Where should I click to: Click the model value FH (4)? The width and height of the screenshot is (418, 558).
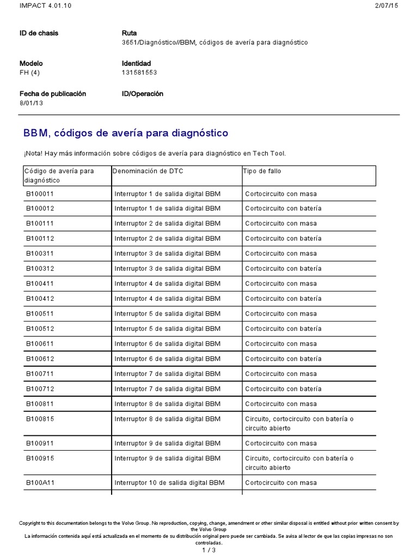click(31, 72)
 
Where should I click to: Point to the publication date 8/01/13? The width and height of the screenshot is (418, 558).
click(32, 103)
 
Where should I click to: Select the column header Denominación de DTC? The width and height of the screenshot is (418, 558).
click(148, 171)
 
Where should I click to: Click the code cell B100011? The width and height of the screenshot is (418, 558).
click(39, 193)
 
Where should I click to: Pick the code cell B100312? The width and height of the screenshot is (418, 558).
click(39, 269)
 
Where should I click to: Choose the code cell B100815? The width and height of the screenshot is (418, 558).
click(39, 419)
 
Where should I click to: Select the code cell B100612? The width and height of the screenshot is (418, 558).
click(39, 359)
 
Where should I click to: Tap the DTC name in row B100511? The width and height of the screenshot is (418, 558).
click(168, 314)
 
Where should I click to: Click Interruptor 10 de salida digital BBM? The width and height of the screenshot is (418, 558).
click(169, 483)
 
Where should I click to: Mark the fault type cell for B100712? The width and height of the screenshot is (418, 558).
click(283, 389)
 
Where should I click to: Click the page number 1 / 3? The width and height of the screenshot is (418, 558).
click(209, 550)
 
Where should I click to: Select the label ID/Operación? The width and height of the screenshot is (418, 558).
click(143, 94)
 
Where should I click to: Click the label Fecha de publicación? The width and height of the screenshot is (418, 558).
click(53, 94)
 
